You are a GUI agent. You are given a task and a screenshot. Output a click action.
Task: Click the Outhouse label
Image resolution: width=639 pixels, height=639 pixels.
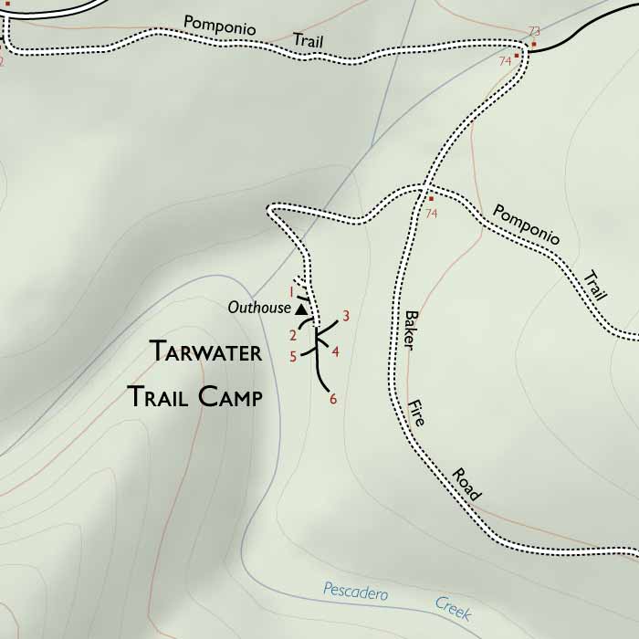pos(259,309)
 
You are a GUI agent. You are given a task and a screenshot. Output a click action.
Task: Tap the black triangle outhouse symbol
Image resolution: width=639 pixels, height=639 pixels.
pos(300,309)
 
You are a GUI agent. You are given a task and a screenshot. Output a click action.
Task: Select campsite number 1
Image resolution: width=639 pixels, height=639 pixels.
pos(291,292)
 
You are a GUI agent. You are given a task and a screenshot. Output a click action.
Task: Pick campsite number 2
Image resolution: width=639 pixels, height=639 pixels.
pos(294,335)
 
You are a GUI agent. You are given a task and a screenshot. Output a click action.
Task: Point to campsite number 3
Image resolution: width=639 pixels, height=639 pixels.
pos(346,317)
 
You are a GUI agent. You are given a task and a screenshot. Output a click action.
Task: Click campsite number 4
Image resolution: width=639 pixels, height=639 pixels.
pos(336,351)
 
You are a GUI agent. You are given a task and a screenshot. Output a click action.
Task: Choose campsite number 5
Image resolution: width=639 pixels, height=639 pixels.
pos(293,357)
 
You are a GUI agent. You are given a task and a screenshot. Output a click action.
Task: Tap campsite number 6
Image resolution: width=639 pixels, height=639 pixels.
pos(333,399)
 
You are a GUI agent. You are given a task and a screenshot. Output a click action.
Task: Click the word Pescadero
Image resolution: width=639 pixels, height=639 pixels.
pos(355,592)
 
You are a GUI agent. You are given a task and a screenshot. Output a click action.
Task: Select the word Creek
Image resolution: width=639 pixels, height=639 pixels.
pos(453,608)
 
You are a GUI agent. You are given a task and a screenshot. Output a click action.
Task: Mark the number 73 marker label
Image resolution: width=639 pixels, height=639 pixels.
pos(534,32)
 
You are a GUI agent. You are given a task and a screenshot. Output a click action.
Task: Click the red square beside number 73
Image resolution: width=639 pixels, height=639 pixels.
pos(533,44)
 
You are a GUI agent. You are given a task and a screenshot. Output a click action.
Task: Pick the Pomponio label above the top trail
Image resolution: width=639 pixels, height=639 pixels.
pos(219,25)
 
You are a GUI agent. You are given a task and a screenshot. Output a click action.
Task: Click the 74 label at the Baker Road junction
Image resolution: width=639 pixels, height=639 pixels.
pos(432,213)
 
